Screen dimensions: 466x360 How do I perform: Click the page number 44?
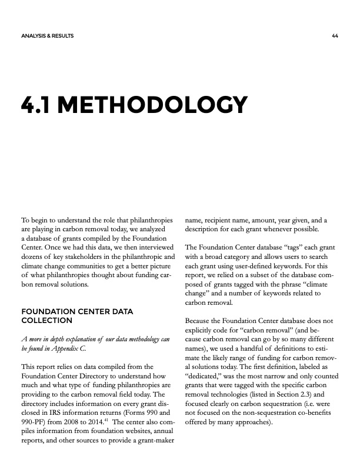(x=334, y=36)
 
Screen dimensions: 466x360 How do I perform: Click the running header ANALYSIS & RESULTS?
(x=47, y=36)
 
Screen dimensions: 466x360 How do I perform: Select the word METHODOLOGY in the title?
(x=156, y=105)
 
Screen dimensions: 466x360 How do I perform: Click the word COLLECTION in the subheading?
(x=46, y=321)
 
